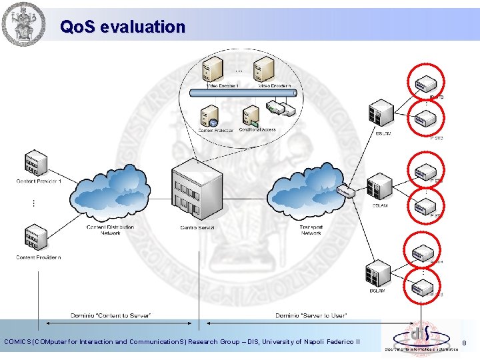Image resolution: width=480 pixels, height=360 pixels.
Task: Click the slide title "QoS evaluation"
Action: pos(122,27)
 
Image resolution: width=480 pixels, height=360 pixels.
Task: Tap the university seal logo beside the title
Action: pos(25,25)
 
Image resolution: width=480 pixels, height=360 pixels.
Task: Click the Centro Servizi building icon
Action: pos(197,189)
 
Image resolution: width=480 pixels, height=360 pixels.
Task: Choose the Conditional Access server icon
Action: pos(251,117)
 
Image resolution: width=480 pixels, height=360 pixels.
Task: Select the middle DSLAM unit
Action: pos(380,187)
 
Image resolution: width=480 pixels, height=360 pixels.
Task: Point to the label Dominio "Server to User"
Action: pos(311,315)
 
